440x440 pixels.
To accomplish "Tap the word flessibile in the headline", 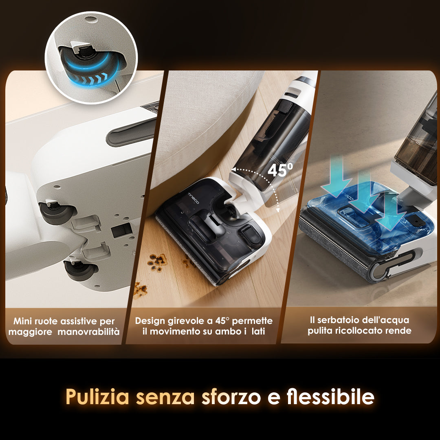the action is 330,396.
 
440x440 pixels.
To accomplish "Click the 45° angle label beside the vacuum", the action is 280,169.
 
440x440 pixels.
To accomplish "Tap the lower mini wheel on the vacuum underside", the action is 80,270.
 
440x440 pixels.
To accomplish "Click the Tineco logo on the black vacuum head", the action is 193,198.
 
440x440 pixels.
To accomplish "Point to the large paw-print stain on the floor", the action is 157,262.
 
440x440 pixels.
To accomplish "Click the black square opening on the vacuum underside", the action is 121,230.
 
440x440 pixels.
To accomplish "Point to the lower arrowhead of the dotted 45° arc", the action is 278,210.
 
